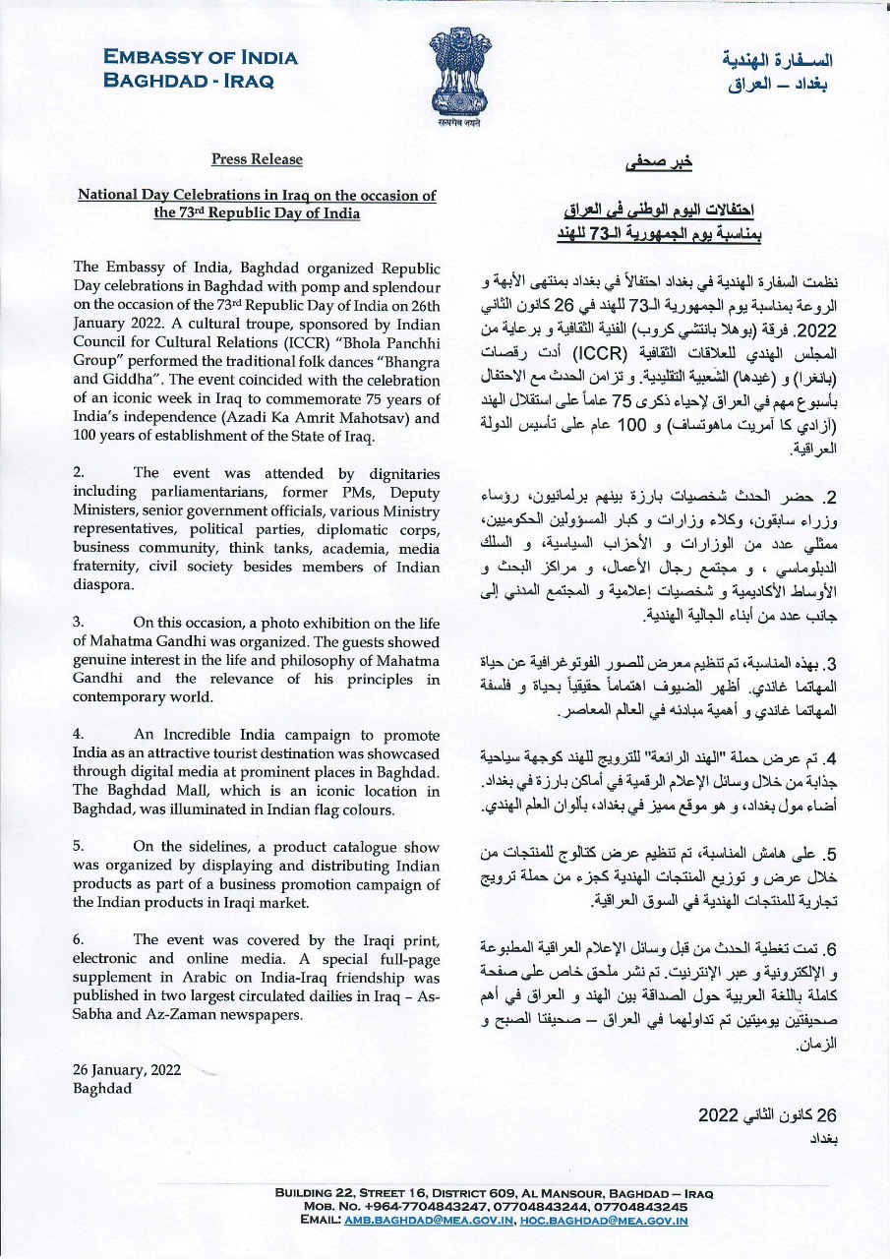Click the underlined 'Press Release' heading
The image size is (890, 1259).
pyautogui.click(x=257, y=159)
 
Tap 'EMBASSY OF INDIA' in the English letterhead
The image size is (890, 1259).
pyautogui.click(x=201, y=58)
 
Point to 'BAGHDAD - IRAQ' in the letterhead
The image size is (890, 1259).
pyautogui.click(x=189, y=81)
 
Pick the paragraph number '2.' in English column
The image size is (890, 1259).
pyautogui.click(x=80, y=473)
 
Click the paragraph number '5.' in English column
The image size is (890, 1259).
pyautogui.click(x=80, y=845)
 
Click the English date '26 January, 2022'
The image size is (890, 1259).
pyautogui.click(x=127, y=1070)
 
